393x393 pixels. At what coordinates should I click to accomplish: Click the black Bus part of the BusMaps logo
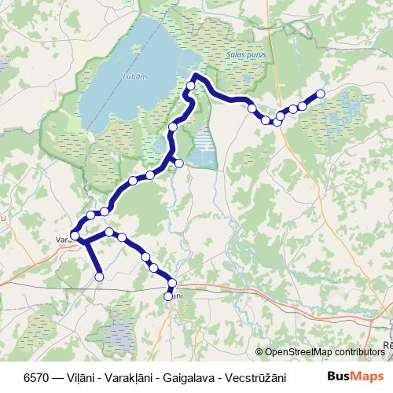[339, 375]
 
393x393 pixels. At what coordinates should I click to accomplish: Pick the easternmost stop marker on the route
[320, 95]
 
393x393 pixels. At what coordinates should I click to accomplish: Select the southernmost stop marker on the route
[168, 296]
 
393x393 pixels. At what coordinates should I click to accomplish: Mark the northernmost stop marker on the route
[195, 76]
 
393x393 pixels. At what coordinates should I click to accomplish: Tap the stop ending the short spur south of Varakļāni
[100, 276]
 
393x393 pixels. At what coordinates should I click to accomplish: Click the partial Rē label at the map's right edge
[386, 344]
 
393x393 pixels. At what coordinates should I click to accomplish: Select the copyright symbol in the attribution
[259, 352]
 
